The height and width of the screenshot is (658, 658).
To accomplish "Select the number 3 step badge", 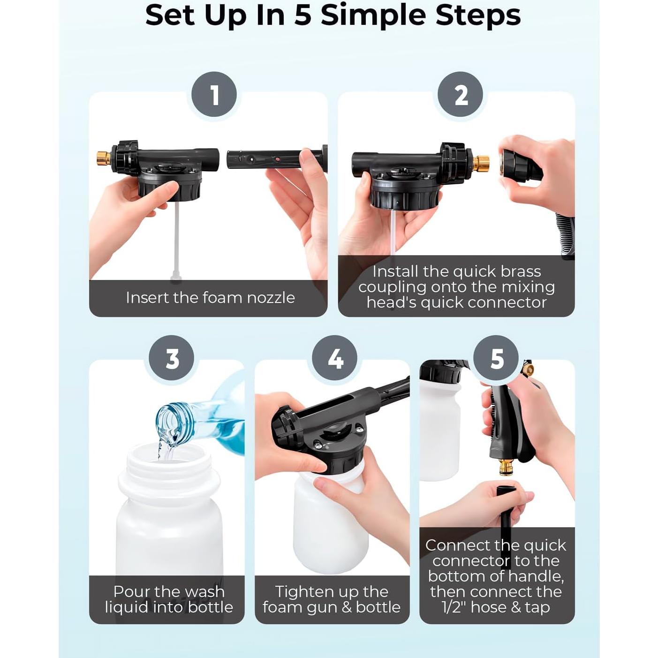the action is coord(172,358).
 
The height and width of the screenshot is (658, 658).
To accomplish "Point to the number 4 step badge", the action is coord(335,358).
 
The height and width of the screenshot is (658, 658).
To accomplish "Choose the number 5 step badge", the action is coord(496,358).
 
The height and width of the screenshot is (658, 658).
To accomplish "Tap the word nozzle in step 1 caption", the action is coord(271,298).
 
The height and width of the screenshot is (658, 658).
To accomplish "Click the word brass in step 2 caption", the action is coord(521,272).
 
